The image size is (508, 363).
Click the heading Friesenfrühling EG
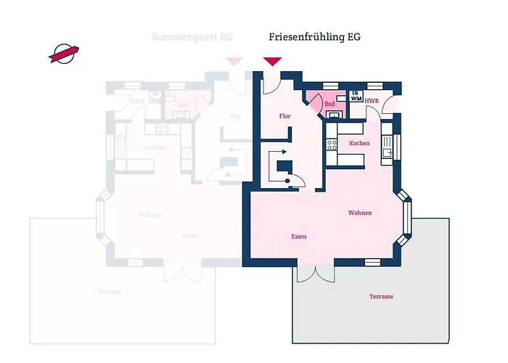314,36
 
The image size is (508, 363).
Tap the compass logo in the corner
64,53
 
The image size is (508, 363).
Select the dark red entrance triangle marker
272,61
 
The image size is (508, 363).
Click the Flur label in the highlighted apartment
284,115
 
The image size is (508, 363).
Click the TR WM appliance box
356,97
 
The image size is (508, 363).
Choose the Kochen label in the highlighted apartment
359,143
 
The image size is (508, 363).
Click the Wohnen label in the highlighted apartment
360,213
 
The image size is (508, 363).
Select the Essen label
298,237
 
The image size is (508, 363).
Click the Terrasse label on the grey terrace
381,296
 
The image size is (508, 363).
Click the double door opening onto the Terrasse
316,272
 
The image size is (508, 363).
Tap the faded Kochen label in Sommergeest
154,147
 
